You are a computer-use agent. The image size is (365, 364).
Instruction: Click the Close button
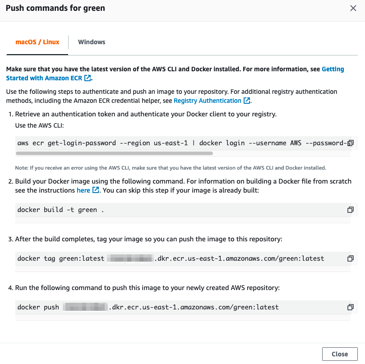(x=340, y=354)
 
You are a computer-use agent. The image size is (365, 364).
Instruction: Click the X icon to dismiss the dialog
(x=353, y=8)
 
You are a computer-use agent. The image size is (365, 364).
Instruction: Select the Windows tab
(x=92, y=42)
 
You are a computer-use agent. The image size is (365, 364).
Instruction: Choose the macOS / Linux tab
(x=37, y=42)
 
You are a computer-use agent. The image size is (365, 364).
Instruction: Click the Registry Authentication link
(x=208, y=101)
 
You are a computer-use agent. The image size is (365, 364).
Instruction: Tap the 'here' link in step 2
(x=83, y=190)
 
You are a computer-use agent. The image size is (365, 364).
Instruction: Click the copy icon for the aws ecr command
(x=350, y=143)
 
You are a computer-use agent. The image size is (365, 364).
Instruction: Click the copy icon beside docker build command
(x=350, y=210)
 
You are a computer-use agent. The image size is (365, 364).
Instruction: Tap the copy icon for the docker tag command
(x=350, y=258)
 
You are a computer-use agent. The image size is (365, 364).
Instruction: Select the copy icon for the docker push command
(x=350, y=307)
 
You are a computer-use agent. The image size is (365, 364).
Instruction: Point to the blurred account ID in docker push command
(x=85, y=307)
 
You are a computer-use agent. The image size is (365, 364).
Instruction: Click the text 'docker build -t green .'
(x=60, y=210)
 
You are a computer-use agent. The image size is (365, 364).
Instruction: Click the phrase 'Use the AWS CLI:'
(x=39, y=125)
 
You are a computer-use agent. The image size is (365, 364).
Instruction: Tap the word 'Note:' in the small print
(x=21, y=168)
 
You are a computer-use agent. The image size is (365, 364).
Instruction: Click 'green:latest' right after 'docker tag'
(x=82, y=258)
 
